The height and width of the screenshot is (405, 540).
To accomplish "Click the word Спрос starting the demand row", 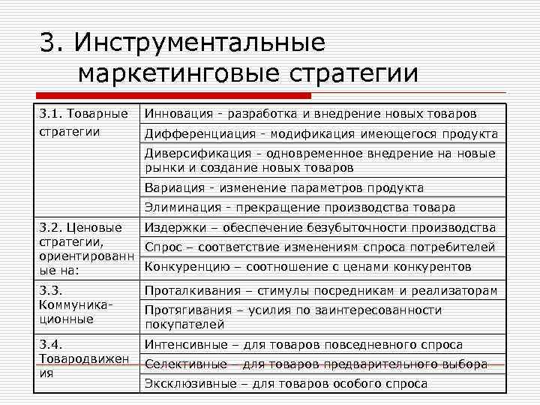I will click(162, 247).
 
